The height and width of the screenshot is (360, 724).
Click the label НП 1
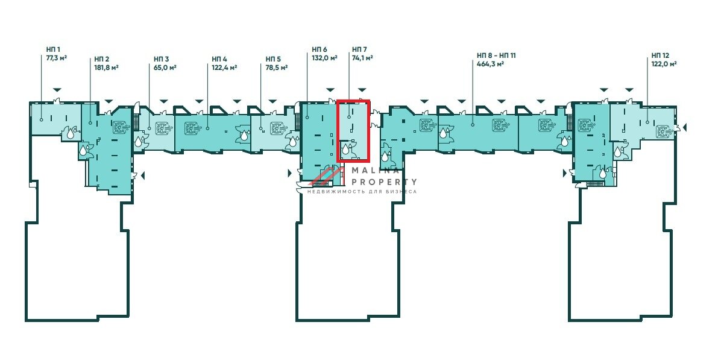[53, 49]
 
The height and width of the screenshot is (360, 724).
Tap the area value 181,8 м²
[106, 68]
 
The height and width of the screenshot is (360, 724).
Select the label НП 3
[162, 59]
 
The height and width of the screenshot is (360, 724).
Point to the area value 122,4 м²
[224, 68]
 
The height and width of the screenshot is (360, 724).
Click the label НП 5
[273, 59]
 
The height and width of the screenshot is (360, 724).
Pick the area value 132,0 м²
[324, 58]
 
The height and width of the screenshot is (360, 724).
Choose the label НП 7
[359, 49]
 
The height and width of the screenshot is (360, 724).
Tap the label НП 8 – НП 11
[497, 55]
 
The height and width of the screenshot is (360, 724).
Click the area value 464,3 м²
[490, 64]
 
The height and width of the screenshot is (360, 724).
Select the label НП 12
[660, 55]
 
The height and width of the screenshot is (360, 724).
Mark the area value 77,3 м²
[57, 58]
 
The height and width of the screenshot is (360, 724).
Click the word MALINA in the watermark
[376, 170]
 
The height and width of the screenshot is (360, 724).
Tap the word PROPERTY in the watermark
[384, 182]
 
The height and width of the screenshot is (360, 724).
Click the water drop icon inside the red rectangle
[346, 149]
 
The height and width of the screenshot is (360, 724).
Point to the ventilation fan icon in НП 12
[664, 131]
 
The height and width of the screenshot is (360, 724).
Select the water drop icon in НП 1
[70, 133]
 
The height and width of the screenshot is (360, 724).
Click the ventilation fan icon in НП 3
[163, 128]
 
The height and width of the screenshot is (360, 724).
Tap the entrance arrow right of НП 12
[684, 127]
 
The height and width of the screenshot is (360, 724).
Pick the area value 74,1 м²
[362, 58]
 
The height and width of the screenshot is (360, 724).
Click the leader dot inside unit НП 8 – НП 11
[473, 125]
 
